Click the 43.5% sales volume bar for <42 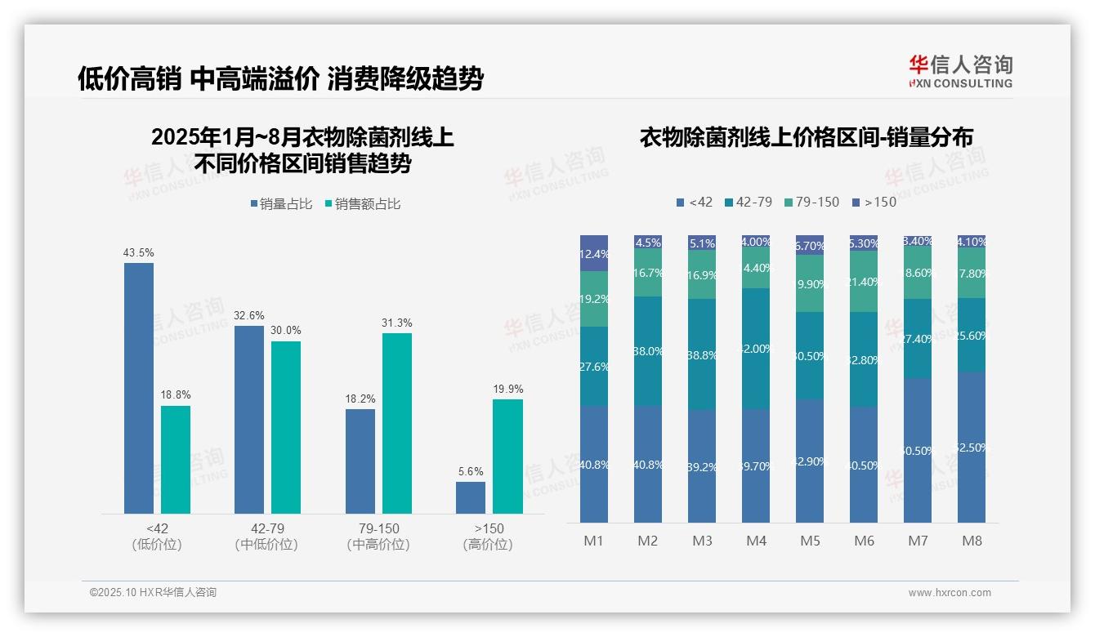coord(139,388)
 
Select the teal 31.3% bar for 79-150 coord(397,423)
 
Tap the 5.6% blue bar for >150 coord(471,497)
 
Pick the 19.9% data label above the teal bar coord(508,389)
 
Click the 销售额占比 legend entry coord(363,204)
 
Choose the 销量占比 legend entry coord(282,204)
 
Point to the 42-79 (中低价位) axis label coord(267,537)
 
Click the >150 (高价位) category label coord(489,537)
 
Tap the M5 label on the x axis coord(810,541)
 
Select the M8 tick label coord(972,541)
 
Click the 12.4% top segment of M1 coord(594,253)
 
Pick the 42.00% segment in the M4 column coord(756,349)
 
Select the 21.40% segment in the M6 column coord(864,282)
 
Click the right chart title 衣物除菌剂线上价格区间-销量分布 coord(806,137)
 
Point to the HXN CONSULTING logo coord(960,71)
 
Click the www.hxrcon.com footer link coord(950,593)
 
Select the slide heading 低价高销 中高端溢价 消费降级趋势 coord(280,78)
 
